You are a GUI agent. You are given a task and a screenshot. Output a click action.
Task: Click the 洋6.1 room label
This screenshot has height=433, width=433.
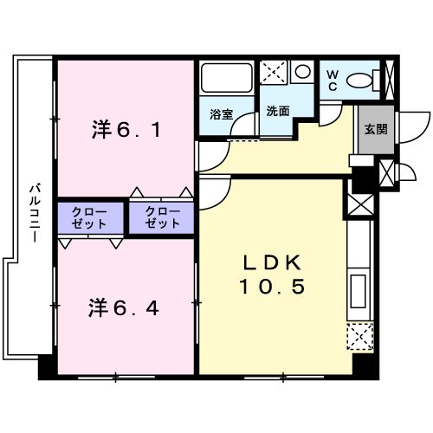pyautogui.click(x=125, y=132)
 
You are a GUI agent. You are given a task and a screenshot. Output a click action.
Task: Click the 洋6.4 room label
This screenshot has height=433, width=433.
pyautogui.click(x=125, y=307)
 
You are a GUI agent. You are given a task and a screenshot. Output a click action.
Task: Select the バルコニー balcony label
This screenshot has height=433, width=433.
pyautogui.click(x=34, y=213)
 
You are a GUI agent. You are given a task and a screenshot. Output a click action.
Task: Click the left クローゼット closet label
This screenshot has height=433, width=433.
pyautogui.click(x=92, y=217)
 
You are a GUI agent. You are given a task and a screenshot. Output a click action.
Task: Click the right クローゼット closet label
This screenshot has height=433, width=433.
pyautogui.click(x=163, y=217)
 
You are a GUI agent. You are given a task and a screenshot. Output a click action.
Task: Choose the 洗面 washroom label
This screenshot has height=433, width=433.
pyautogui.click(x=277, y=111)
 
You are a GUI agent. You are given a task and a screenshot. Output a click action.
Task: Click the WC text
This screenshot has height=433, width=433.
pyautogui.click(x=333, y=80)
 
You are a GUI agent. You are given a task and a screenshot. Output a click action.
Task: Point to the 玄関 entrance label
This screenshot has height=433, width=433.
pyautogui.click(x=375, y=131)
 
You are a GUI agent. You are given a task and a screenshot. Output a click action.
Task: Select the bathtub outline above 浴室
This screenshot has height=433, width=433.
pyautogui.click(x=228, y=79)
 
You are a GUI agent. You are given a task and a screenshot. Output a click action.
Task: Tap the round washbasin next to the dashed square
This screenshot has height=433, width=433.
pyautogui.click(x=302, y=71)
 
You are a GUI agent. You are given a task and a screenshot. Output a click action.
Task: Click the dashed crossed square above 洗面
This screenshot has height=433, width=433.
pyautogui.click(x=275, y=72)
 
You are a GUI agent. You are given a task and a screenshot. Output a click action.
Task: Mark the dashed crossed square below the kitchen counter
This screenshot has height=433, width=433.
pyautogui.click(x=359, y=336)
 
